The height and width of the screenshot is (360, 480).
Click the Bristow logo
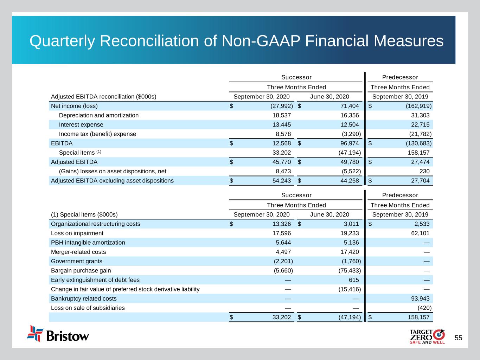click(x=58, y=334)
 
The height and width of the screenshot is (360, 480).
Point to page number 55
click(x=458, y=338)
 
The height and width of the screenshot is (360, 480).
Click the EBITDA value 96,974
click(x=349, y=143)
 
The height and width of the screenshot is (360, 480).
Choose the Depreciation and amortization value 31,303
click(x=420, y=115)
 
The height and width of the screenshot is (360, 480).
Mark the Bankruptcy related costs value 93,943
click(x=420, y=299)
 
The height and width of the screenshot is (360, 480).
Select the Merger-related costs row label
click(x=78, y=252)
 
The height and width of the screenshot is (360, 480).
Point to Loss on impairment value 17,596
click(x=282, y=233)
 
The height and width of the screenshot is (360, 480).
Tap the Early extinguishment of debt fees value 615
click(x=354, y=280)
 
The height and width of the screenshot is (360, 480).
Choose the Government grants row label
click(x=76, y=261)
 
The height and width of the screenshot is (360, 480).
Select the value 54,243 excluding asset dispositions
click(x=282, y=181)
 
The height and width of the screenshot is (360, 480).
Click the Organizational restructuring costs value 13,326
click(x=282, y=224)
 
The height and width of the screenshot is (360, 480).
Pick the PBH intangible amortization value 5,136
click(x=351, y=243)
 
